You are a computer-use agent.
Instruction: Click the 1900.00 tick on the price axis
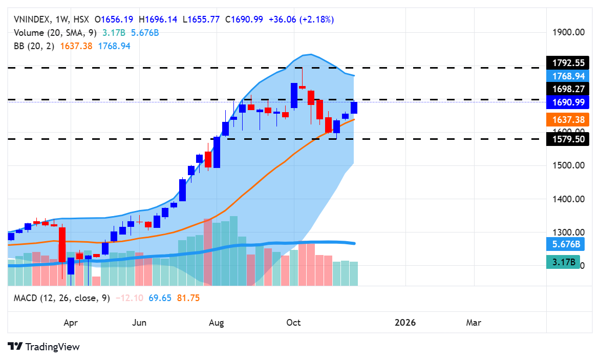click(569, 32)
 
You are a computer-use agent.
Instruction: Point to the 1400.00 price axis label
click(569, 199)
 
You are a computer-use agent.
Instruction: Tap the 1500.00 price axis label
click(569, 165)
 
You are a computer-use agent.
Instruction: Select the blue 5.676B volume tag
click(563, 245)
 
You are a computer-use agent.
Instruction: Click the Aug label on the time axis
click(217, 323)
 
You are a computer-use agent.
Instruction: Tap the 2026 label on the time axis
click(405, 323)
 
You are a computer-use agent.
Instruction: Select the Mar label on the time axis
click(474, 323)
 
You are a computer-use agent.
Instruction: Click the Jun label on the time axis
click(139, 323)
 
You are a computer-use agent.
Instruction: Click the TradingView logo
click(44, 347)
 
